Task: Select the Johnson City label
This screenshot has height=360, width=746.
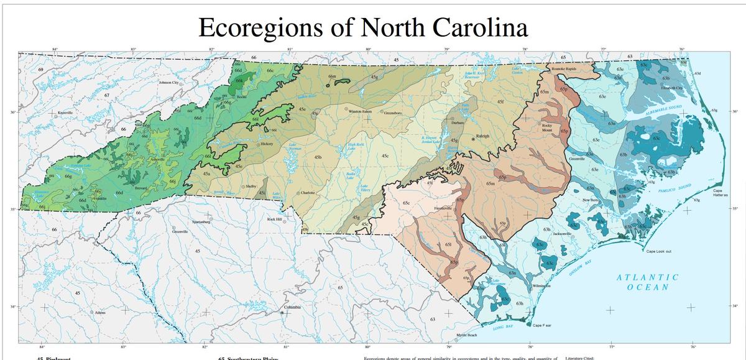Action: pyautogui.click(x=171, y=82)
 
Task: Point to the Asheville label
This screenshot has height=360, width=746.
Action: pyautogui.click(x=145, y=160)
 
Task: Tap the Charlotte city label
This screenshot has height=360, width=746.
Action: pyautogui.click(x=309, y=193)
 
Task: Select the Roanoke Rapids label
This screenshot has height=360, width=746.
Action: pyautogui.click(x=566, y=68)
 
